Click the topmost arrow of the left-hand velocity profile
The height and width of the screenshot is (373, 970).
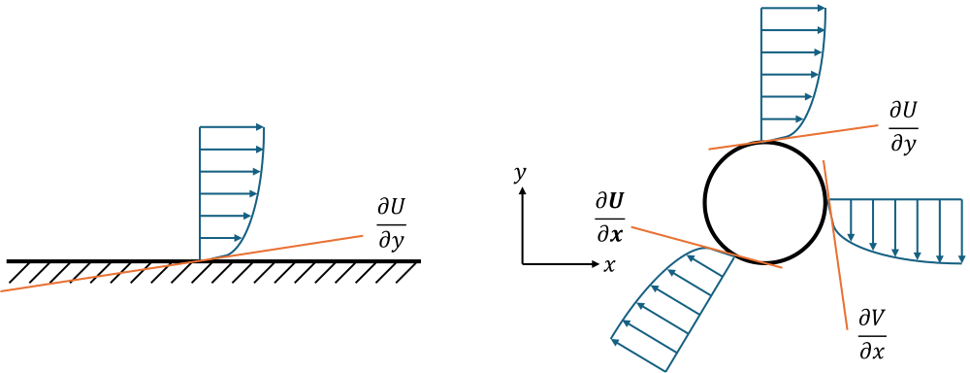tap(232, 127)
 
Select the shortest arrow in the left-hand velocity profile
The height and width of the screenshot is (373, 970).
tap(218, 239)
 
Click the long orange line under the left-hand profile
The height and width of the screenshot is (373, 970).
tap(97, 275)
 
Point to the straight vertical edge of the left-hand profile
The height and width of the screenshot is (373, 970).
tap(200, 194)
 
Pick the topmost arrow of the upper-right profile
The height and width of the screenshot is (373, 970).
tap(793, 9)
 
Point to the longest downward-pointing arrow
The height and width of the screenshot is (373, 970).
tap(960, 230)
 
